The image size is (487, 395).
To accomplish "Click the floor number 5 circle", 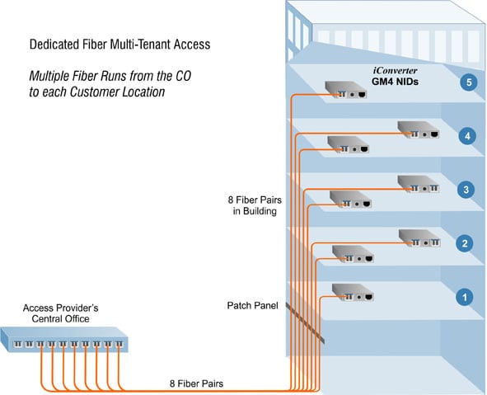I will click(x=467, y=83).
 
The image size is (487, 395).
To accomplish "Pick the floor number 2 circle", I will click(x=466, y=243).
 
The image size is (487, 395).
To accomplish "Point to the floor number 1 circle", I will click(x=466, y=296).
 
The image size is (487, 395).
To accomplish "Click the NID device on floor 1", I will click(x=350, y=292).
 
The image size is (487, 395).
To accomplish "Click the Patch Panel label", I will click(x=252, y=305).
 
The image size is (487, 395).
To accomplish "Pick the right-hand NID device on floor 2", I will click(x=419, y=237).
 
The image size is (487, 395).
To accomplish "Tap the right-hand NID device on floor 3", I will click(x=419, y=184).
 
